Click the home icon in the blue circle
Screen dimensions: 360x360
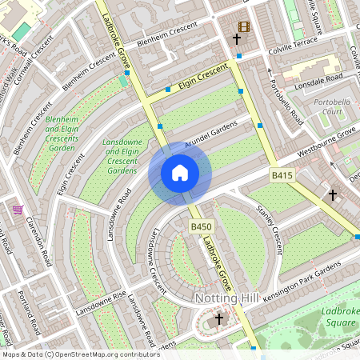point(180,173)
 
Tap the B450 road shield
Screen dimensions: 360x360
point(200,228)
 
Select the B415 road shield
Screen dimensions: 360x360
point(281,175)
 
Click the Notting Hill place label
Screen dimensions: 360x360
point(226,298)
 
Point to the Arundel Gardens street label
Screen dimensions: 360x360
point(212,137)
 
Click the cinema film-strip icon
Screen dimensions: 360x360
point(244,26)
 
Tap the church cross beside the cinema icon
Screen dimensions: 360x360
point(237,38)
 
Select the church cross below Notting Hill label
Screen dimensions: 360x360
point(219,319)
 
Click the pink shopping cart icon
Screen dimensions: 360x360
point(18,210)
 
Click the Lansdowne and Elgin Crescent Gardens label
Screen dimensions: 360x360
point(122,156)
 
